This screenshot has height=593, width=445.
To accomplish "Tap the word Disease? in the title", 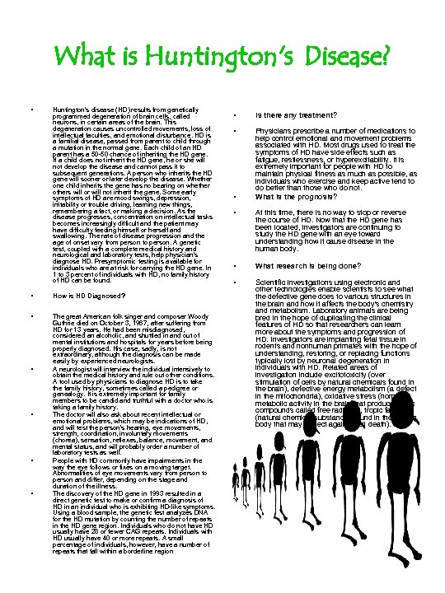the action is (x=345, y=58).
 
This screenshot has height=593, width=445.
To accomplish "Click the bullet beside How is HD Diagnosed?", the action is (x=30, y=294).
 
